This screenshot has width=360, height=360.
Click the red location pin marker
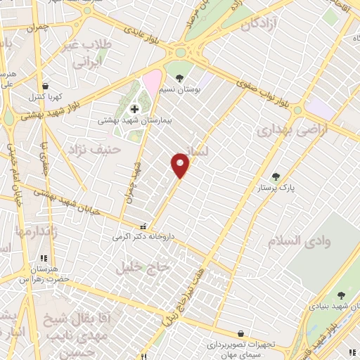[x=181, y=166]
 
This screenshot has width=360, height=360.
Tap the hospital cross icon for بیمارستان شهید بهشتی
[x=134, y=109]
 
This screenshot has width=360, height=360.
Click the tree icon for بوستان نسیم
[x=179, y=78]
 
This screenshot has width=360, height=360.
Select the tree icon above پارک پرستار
[x=275, y=176]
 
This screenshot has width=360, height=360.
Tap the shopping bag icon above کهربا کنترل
[x=45, y=85]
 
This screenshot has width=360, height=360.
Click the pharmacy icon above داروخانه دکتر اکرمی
[x=143, y=226]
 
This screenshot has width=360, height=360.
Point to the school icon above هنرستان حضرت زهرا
[x=44, y=258]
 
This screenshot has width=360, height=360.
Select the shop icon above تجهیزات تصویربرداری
[x=241, y=333]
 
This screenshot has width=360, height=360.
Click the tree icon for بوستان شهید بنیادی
[x=342, y=296]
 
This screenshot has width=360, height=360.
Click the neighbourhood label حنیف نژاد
[x=94, y=149]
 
